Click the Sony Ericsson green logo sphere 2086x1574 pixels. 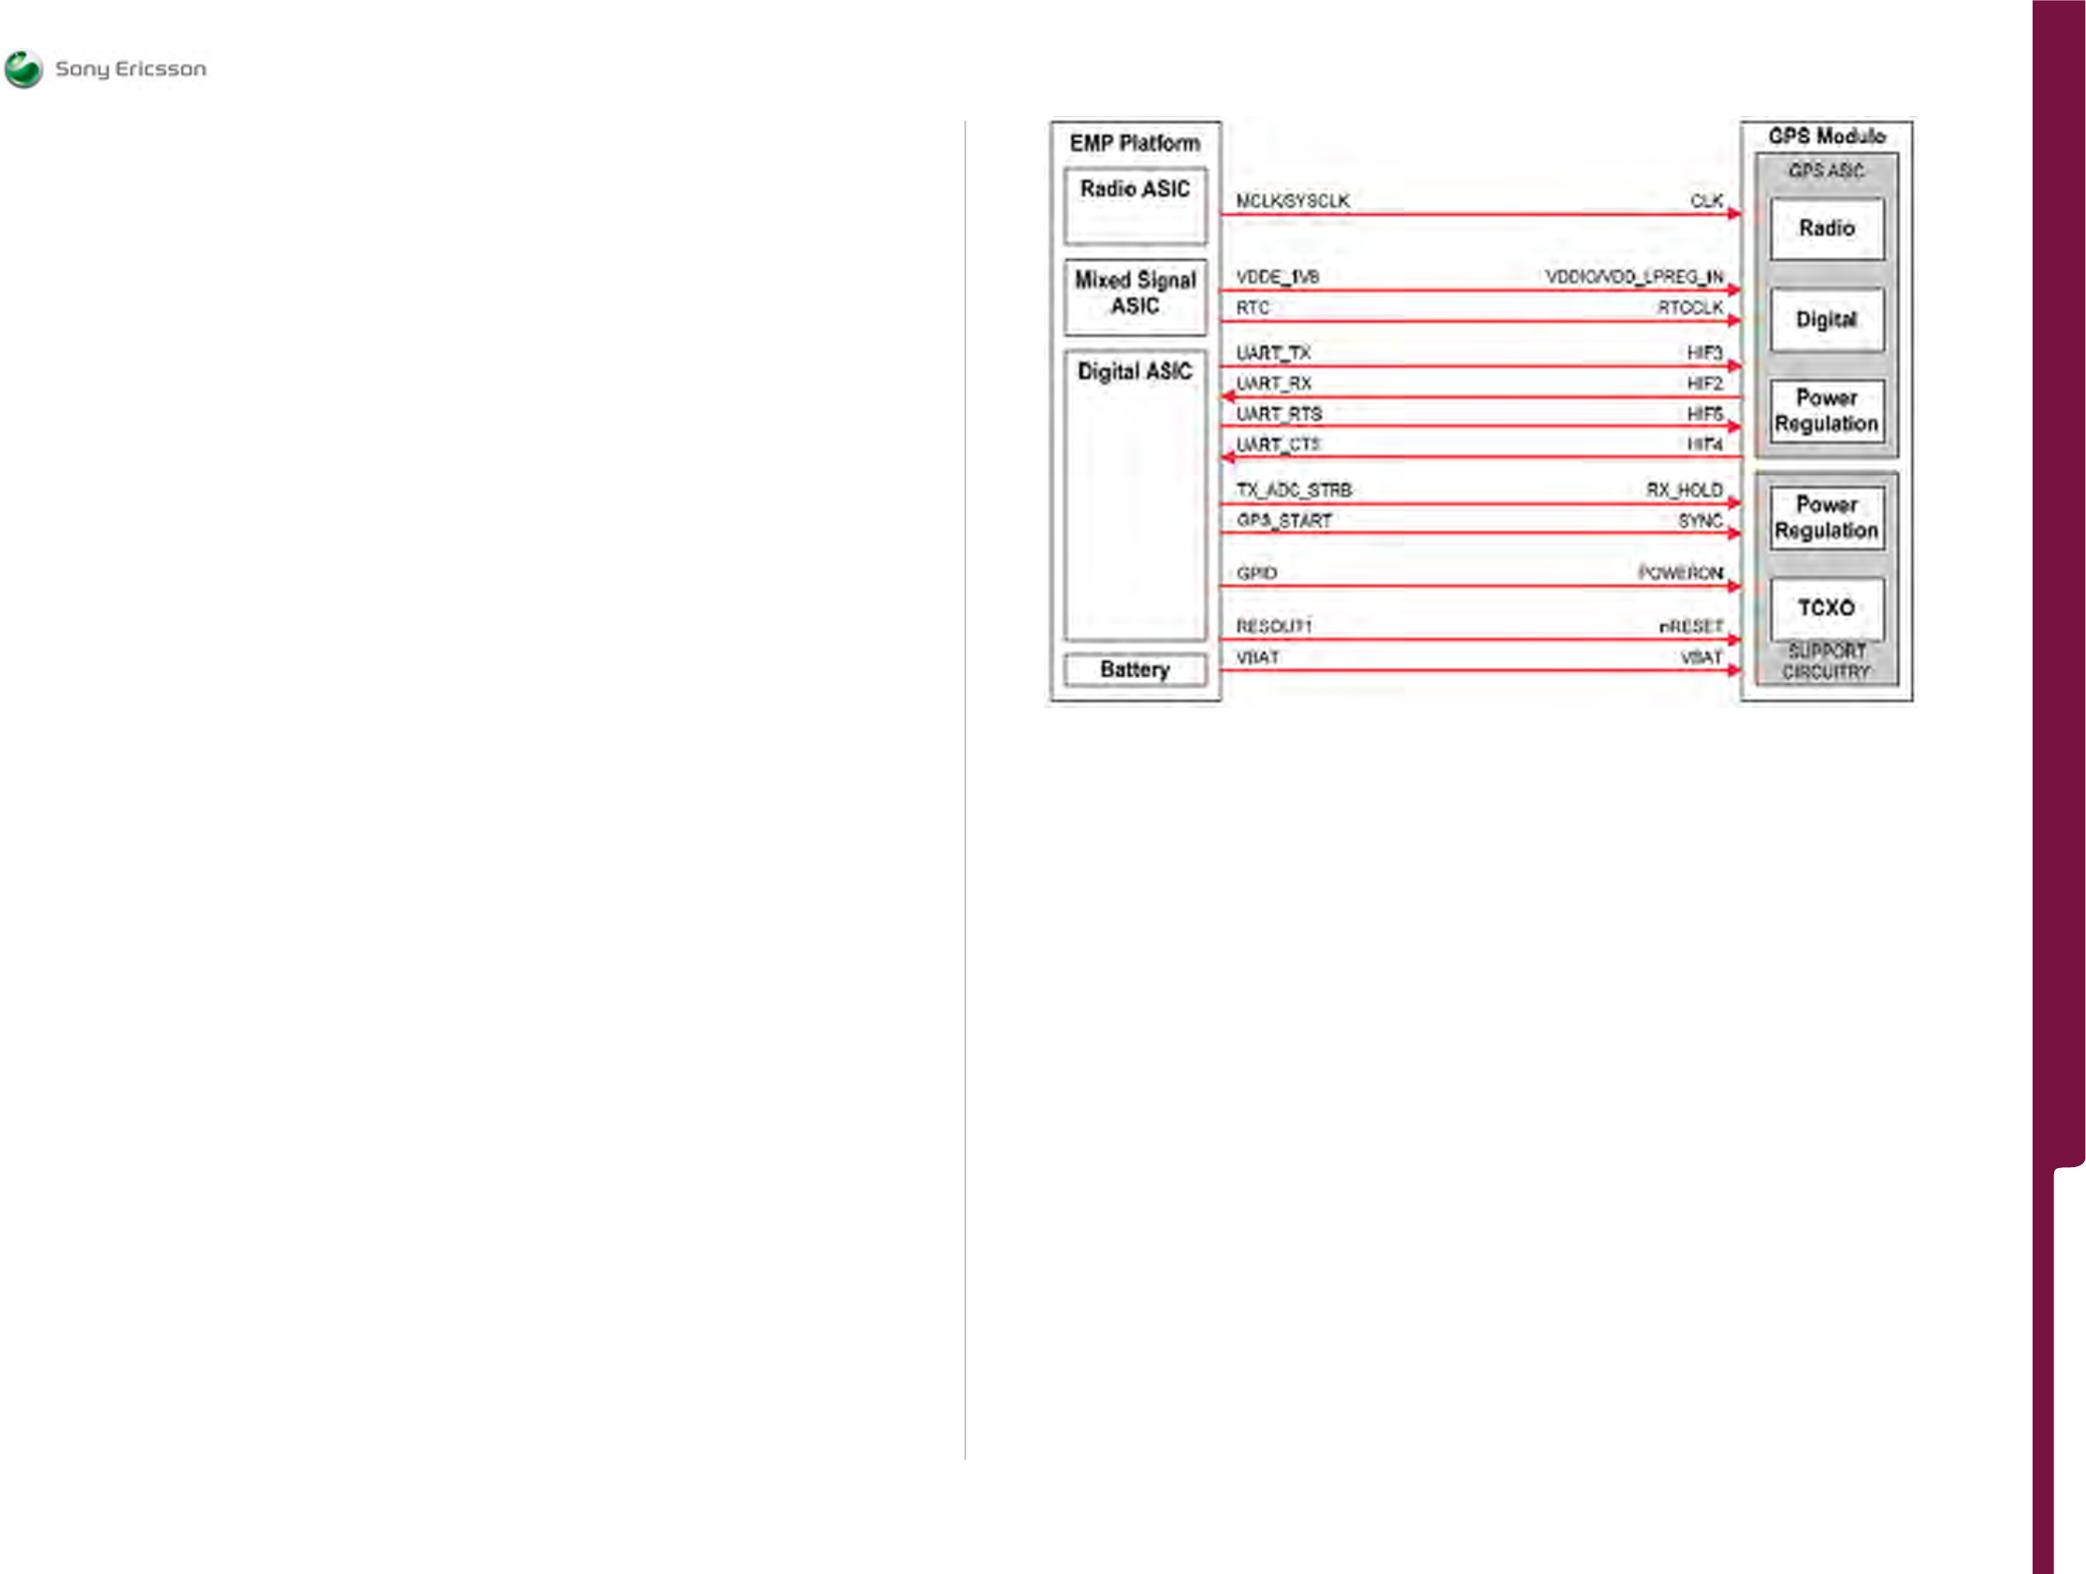point(23,69)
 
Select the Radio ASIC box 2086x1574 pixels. point(1135,206)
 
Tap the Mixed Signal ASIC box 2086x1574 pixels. point(1135,296)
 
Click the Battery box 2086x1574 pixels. point(1135,670)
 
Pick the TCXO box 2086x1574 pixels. point(1826,608)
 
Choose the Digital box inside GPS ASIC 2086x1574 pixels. point(1826,320)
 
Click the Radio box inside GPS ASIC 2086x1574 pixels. point(1826,228)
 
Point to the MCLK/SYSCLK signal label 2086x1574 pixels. point(1292,201)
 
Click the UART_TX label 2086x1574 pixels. point(1273,353)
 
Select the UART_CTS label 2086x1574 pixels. point(1278,444)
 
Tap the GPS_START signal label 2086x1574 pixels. point(1283,521)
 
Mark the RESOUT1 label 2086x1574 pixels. point(1273,627)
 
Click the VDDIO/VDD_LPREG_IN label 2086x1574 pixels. point(1633,276)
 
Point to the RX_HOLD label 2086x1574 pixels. point(1684,489)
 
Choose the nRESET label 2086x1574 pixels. point(1690,627)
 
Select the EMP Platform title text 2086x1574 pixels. point(1135,143)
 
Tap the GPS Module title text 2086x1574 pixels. point(1826,136)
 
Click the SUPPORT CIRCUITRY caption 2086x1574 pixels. point(1826,661)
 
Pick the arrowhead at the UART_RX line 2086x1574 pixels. point(1228,397)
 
